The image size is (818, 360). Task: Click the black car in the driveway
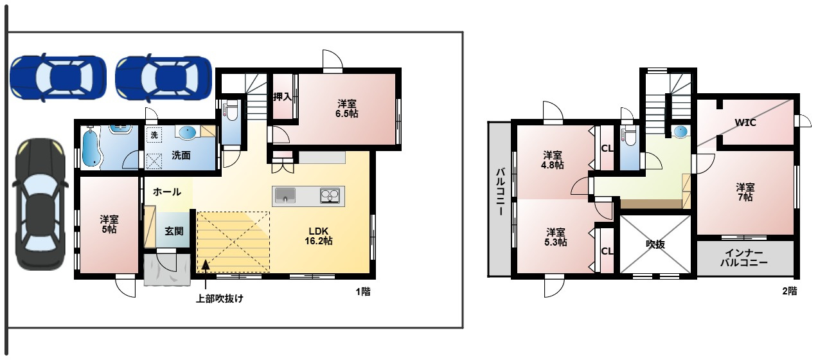pos(40,204)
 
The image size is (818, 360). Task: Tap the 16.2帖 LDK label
pos(319,236)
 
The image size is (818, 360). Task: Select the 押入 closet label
pos(282,97)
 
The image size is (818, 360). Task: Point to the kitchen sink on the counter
pos(285,195)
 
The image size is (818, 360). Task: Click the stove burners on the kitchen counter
pos(330,195)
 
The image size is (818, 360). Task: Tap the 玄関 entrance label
pos(174,231)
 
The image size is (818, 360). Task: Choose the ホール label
pos(167,192)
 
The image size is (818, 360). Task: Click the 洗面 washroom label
pos(181,156)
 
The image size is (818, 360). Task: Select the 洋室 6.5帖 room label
pos(347,109)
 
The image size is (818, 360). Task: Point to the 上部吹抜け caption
pos(220,298)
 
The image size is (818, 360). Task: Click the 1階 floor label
pos(363,292)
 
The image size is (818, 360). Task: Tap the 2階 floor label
pos(790,291)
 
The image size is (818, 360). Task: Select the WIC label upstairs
pos(745,122)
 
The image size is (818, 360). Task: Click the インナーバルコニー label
pos(744,257)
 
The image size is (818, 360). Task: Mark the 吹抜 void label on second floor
pos(655,244)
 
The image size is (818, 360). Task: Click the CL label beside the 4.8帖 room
pos(607,148)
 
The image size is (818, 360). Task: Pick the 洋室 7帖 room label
pos(745,192)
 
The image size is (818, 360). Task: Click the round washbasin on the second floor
pos(680,132)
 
